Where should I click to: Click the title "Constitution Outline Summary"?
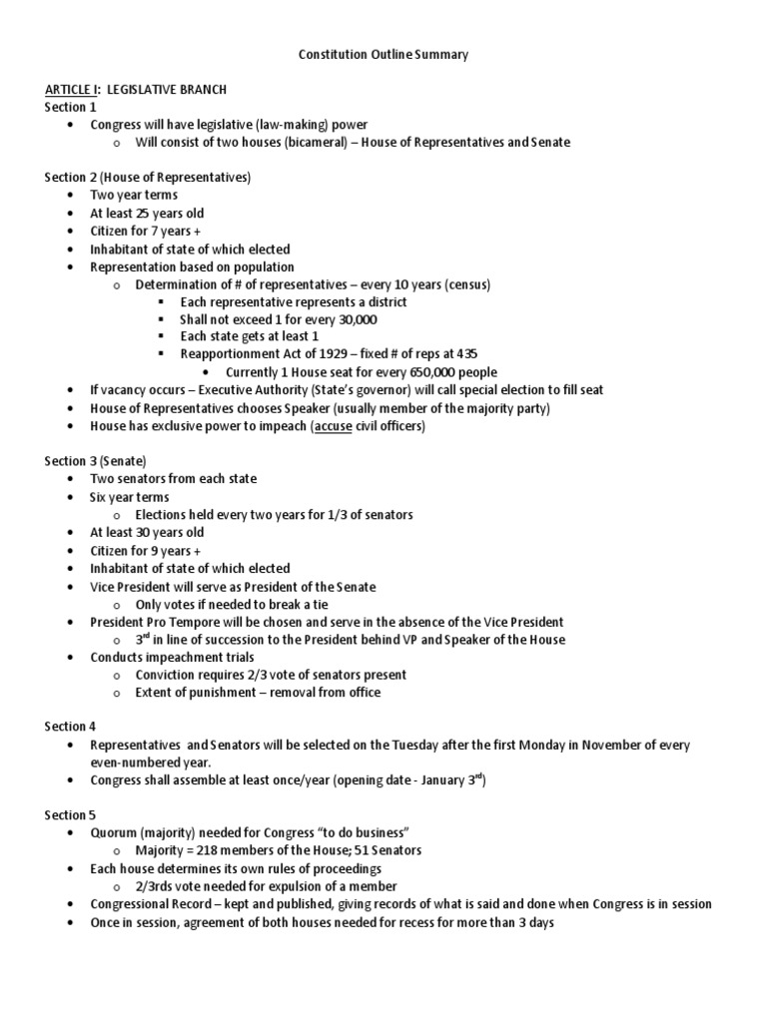383,55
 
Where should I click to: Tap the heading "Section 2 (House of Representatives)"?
147,178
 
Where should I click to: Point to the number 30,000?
353,319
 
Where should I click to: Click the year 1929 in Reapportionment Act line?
326,354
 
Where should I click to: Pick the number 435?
466,354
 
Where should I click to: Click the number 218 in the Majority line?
203,850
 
